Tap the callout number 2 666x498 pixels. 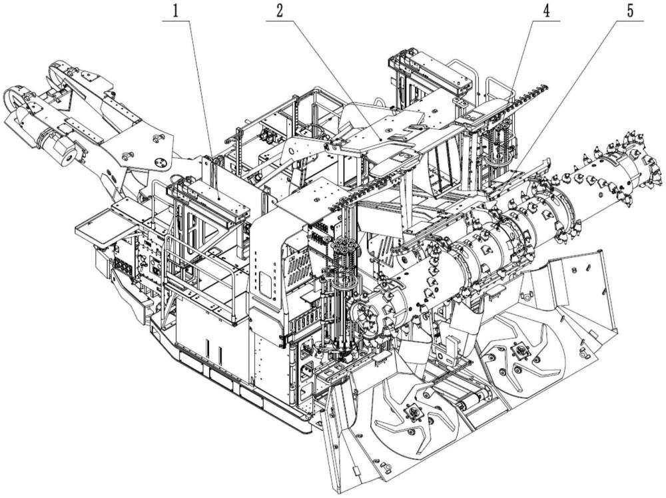click(x=279, y=11)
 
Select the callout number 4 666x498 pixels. click(x=546, y=11)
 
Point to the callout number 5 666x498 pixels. click(x=630, y=11)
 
